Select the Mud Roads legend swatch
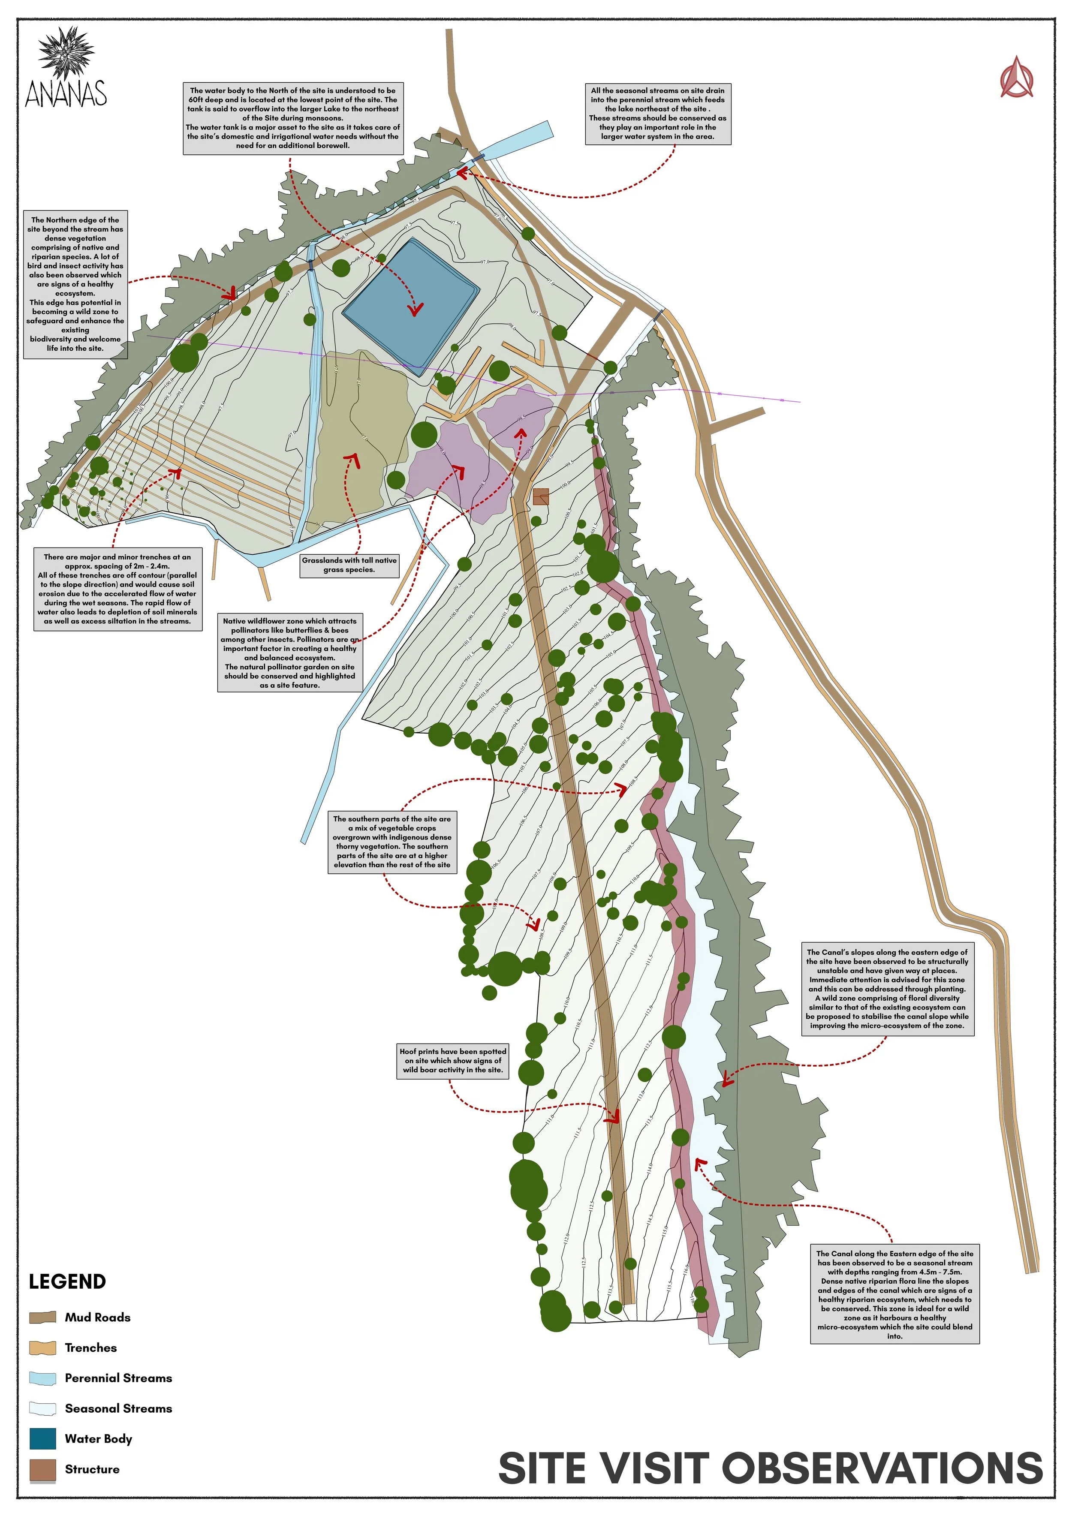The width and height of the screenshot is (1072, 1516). [x=42, y=1317]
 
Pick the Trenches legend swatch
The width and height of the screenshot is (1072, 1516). [x=42, y=1348]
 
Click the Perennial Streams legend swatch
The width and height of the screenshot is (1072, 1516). [x=42, y=1378]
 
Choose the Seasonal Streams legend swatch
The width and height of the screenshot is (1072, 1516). [x=42, y=1408]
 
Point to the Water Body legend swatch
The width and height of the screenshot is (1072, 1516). [x=42, y=1439]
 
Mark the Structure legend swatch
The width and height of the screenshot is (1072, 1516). [x=42, y=1470]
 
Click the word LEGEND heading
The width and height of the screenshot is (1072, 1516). [x=67, y=1281]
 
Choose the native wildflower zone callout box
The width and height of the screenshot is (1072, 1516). [x=289, y=653]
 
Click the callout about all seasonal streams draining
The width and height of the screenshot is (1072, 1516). [x=657, y=114]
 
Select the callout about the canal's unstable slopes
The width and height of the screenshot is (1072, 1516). [x=887, y=988]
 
